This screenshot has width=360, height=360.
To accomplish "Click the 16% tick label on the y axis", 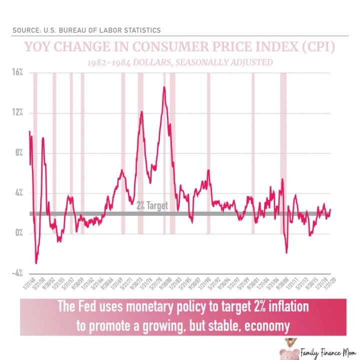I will coord(17,72).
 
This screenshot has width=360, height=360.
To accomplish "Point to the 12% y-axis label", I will coord(17,112).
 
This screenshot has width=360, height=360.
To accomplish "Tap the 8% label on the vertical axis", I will coord(18,153).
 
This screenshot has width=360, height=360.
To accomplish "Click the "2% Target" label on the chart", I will coord(152,205).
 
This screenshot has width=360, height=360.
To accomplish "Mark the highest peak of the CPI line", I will coord(163,87).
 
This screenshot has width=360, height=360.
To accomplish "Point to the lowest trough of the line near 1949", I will coord(36,262).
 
